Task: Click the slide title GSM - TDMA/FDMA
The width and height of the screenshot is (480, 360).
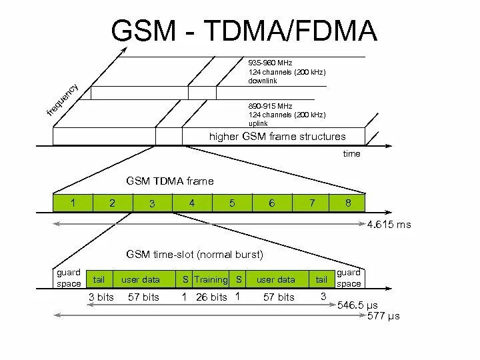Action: point(244,31)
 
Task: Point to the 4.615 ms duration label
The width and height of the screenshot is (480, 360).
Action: point(389,225)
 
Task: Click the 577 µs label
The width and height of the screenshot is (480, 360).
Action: point(383,315)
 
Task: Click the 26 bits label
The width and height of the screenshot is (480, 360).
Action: point(211,297)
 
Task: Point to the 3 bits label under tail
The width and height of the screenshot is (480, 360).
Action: point(101,297)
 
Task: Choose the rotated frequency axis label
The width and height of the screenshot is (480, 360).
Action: point(63,100)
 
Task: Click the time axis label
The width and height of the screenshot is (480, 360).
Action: point(351,154)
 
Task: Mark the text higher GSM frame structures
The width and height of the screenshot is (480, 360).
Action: point(277,137)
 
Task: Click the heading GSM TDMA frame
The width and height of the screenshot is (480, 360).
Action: point(171,181)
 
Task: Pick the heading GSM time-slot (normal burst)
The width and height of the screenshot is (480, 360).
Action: point(195,254)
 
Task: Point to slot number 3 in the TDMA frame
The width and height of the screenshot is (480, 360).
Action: point(152,203)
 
